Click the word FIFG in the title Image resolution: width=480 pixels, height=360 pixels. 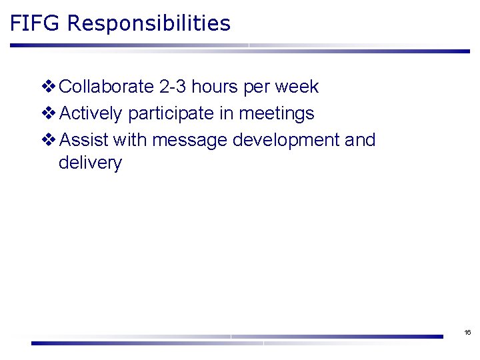coord(35,24)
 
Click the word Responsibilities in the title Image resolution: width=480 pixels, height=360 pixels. coord(149,24)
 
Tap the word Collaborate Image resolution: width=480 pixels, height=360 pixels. coord(106,87)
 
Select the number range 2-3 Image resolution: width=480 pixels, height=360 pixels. coord(173,87)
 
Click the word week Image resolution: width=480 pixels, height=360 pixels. coord(297,87)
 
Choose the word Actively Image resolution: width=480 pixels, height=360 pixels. coord(91,114)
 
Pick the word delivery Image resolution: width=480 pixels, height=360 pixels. coord(90,163)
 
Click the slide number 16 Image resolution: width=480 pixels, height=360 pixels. coord(467,332)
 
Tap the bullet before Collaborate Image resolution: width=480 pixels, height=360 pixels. coord(49,87)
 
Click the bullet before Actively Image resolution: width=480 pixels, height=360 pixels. coord(49,114)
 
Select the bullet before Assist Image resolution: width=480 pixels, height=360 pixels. coord(49,140)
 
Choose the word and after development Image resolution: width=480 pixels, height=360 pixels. coord(360,140)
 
